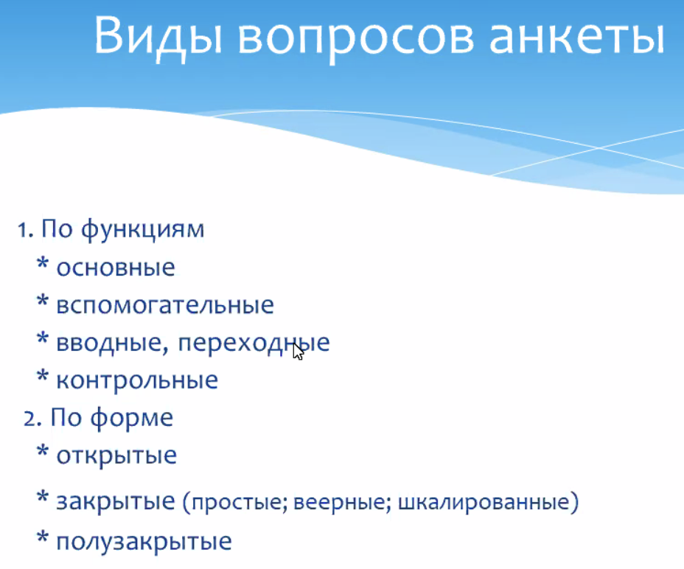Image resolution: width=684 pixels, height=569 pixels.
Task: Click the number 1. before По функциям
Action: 26,229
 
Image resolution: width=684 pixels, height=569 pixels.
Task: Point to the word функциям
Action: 142,230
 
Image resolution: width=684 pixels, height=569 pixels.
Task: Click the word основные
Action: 116,268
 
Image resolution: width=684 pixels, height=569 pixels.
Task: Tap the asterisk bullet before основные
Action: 42,264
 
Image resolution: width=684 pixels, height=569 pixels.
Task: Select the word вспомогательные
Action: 165,305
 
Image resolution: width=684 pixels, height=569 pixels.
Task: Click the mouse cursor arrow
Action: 298,352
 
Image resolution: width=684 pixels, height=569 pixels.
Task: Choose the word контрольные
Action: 137,380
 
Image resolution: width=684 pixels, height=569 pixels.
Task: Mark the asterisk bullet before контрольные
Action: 42,376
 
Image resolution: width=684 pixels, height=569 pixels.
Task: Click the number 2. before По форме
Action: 32,419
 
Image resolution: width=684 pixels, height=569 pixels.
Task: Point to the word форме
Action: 132,419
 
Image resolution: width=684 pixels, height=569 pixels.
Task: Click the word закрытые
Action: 116,501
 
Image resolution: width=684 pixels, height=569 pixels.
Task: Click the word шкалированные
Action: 484,502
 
